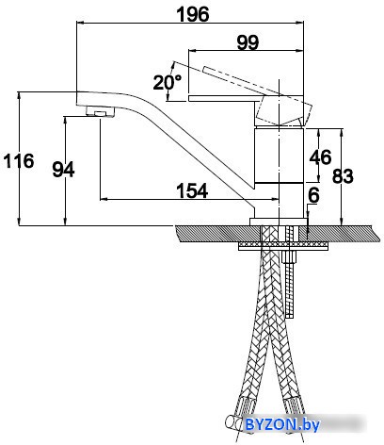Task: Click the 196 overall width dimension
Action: pos(193,14)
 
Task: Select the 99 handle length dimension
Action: pos(248,42)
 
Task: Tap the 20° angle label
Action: pos(168,82)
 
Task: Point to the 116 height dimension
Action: pos(19,160)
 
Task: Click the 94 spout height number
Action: pos(63,170)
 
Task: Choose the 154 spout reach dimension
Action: pos(192,190)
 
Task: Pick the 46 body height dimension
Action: pos(320,157)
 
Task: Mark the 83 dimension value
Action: pos(343,176)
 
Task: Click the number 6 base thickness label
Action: pos(313,195)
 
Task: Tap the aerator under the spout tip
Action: pos(101,111)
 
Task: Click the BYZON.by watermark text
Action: pos(282,424)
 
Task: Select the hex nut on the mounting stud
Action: pos(289,257)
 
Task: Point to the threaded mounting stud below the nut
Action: pos(290,290)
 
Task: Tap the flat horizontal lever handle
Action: pos(226,98)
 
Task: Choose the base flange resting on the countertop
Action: pos(278,222)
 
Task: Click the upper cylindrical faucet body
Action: pos(279,155)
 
